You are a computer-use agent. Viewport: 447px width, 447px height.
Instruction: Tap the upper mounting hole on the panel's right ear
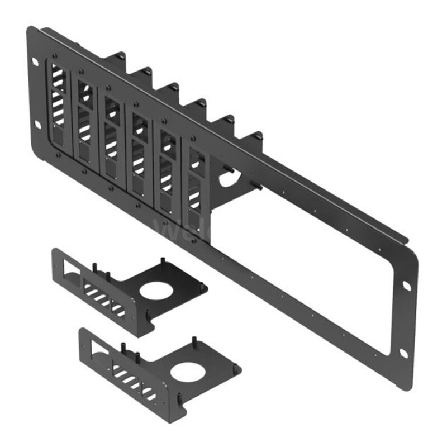406,286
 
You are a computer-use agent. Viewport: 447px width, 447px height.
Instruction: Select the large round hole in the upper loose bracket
154,292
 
